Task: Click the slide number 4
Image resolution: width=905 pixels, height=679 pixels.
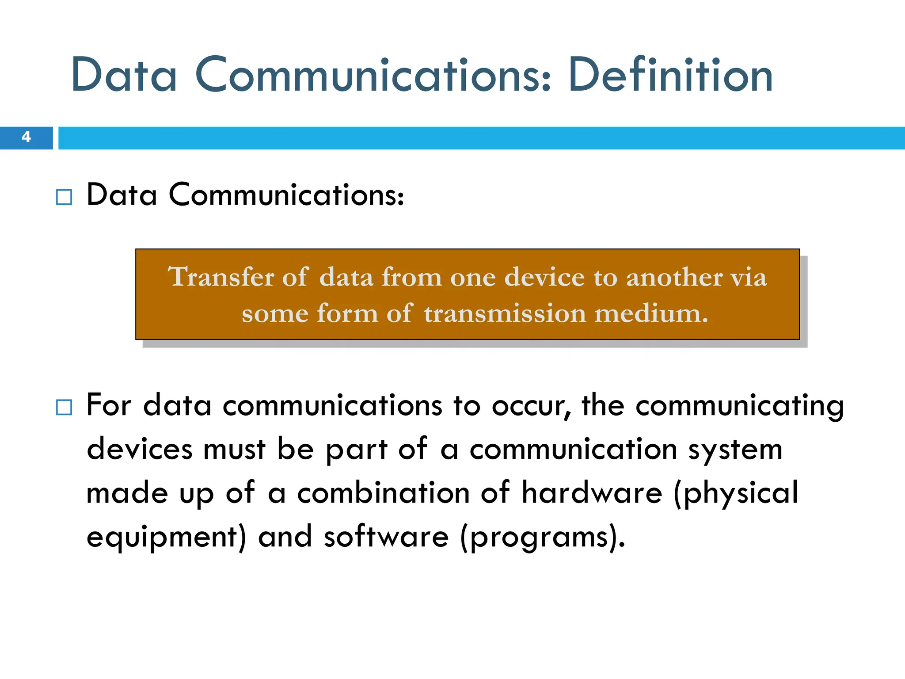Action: [26, 137]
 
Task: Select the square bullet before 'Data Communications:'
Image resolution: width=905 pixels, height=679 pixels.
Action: [64, 197]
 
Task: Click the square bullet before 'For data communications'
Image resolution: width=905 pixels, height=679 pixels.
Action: [64, 407]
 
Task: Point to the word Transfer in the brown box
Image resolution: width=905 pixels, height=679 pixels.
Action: [221, 277]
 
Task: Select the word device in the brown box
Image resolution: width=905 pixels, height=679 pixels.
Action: [544, 277]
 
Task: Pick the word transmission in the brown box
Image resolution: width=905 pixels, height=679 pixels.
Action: [505, 313]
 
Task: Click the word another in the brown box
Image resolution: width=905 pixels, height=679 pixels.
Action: [674, 277]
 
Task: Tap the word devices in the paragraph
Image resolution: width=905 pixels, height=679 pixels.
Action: [140, 450]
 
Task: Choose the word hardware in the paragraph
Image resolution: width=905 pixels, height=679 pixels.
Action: [592, 493]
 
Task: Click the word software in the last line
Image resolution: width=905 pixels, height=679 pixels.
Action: [386, 537]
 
